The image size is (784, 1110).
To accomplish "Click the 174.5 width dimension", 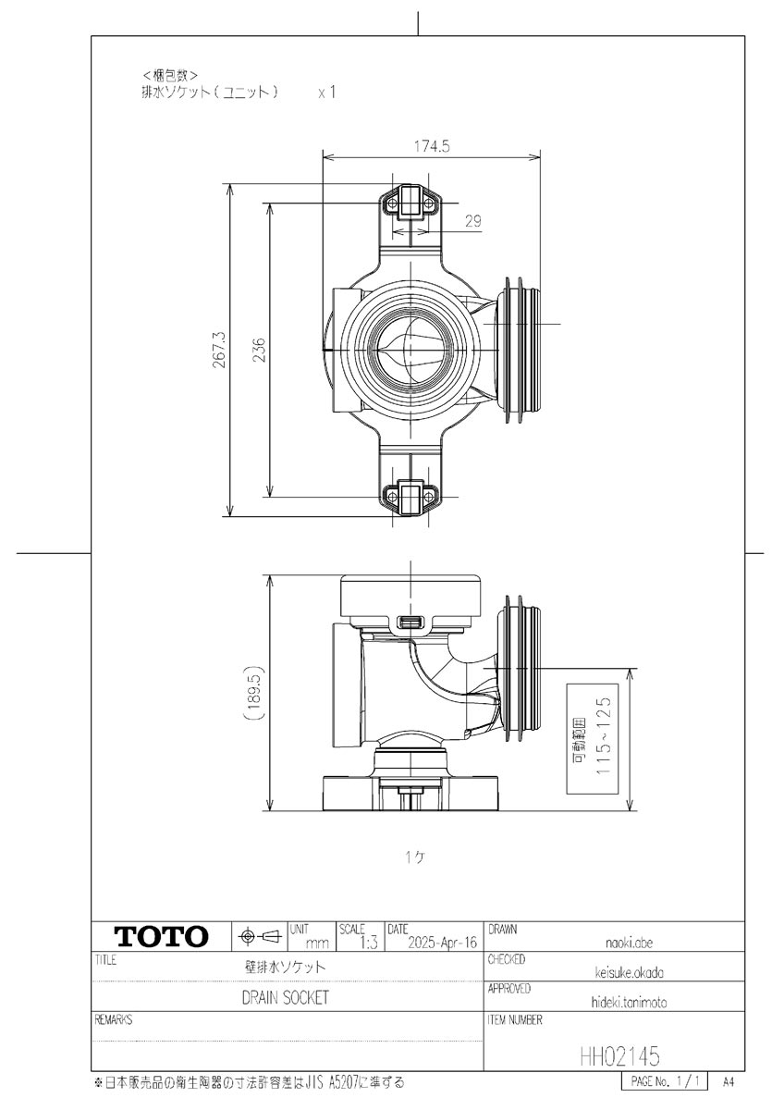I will (430, 145).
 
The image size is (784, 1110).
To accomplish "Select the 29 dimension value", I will (472, 222).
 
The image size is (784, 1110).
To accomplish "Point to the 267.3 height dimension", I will (219, 350).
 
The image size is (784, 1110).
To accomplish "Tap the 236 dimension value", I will (260, 350).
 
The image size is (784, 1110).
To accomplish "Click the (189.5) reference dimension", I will (255, 697).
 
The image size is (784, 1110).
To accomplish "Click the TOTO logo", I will (160, 936).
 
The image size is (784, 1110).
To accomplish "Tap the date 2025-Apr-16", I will (442, 943).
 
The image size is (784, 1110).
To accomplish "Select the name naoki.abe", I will (631, 943).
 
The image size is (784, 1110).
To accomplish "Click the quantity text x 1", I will (326, 93).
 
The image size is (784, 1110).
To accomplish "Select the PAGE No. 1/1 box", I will (664, 1080).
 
